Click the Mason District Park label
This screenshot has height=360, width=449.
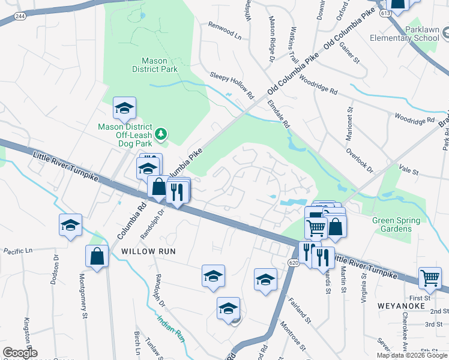[x=160, y=65]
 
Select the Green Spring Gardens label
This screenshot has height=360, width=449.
[x=392, y=224]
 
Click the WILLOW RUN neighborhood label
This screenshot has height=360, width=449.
[x=148, y=251]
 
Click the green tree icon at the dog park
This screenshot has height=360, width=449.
[x=160, y=135]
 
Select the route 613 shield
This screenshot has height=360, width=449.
[x=385, y=12]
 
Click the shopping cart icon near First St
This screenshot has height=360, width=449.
[x=430, y=277]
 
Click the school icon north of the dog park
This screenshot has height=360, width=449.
[x=124, y=108]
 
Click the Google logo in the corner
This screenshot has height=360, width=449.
[x=19, y=353]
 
